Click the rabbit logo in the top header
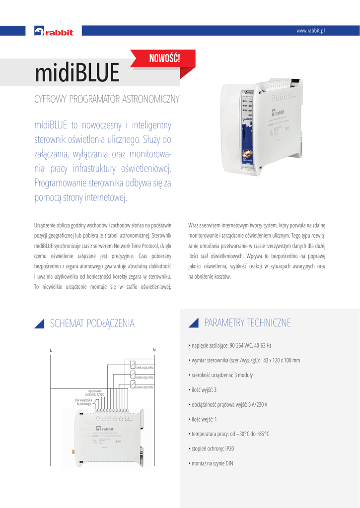pos(54,32)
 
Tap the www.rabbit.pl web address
pos(310,31)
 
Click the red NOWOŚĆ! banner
pos(164,59)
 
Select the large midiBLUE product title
pos(77,74)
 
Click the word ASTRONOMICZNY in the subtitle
pos(150,99)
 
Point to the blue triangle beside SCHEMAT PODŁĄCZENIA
pos(39,323)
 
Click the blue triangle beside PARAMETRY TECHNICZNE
pos(194,323)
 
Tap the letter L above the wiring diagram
pos(51,350)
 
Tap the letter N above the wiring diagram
pos(154,350)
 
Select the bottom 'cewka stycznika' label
pos(144,387)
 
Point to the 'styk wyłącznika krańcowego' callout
pos(83,402)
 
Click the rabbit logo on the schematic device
pos(105,429)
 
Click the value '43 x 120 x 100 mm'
pos(282,360)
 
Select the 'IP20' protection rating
pos(229,448)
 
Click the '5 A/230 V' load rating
pos(258,404)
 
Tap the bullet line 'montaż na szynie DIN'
pos(212,463)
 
